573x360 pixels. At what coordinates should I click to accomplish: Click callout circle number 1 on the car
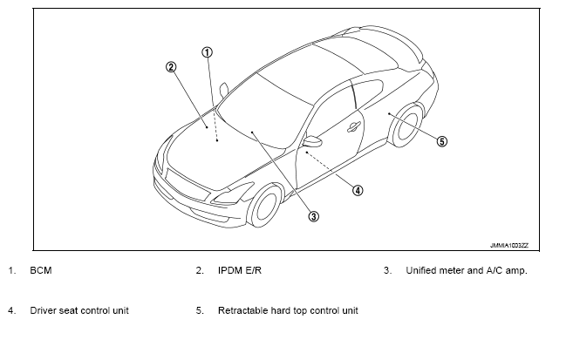[207, 51]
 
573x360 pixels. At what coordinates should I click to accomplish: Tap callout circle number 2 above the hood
[171, 67]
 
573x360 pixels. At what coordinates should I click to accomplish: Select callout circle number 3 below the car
[314, 217]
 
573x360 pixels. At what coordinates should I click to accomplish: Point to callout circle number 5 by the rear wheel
[441, 141]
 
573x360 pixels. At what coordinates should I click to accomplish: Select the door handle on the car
[353, 127]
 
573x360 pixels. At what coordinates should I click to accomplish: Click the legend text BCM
[41, 270]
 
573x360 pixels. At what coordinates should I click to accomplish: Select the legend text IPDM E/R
[240, 270]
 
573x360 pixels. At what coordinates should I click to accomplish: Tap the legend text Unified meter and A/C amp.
[467, 270]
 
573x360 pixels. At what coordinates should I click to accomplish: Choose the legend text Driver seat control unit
[79, 310]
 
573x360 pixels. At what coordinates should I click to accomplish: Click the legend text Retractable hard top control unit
[288, 310]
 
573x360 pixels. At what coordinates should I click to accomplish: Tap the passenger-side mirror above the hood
[223, 90]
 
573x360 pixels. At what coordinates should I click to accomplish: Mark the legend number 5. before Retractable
[200, 310]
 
